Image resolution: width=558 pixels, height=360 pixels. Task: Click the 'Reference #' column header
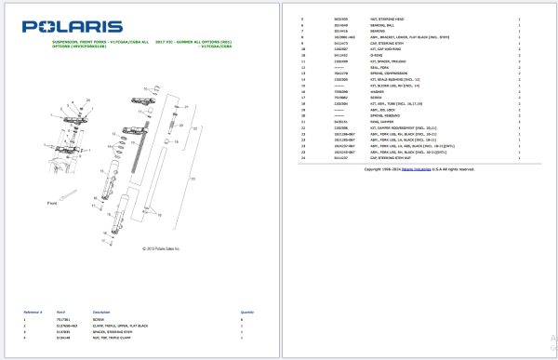(33, 312)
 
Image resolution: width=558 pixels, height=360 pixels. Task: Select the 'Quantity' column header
(247, 312)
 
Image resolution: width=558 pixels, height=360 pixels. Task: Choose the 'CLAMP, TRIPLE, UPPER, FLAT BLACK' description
(117, 325)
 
